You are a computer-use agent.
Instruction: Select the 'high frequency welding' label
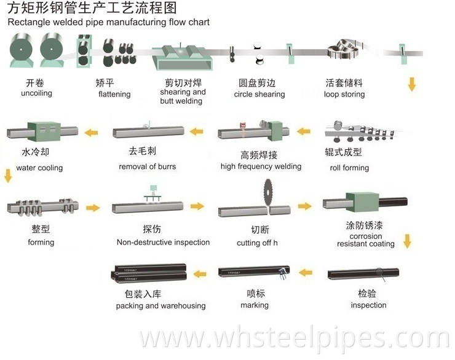[261, 166]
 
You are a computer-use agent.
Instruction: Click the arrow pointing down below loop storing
[411, 84]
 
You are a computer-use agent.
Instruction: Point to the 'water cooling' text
[39, 168]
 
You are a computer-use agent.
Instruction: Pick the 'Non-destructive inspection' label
[163, 242]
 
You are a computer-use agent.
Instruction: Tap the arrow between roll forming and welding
[304, 131]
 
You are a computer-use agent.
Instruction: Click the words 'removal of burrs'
[148, 166]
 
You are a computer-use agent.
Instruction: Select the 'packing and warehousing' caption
[160, 305]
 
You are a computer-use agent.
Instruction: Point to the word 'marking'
[255, 305]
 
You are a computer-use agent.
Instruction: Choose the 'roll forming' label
[349, 168]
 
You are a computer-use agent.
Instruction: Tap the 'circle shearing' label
[259, 94]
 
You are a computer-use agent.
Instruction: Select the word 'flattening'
[114, 94]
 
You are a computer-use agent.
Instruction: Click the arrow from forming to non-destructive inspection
[93, 208]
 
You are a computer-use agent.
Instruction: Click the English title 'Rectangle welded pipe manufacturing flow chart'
[109, 22]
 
